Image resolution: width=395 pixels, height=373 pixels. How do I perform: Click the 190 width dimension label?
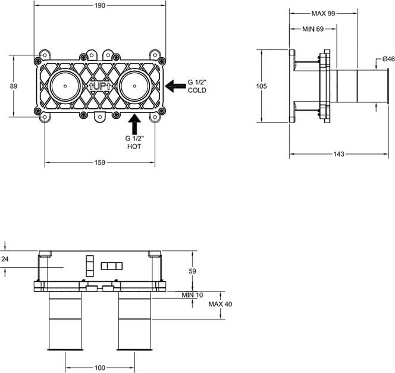click(100, 5)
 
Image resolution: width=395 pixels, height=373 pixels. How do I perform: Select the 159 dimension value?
click(99, 162)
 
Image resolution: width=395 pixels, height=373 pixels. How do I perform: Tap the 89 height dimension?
click(14, 86)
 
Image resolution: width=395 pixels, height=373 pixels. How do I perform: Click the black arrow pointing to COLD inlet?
click(175, 86)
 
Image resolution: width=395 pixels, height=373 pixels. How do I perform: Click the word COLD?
click(197, 90)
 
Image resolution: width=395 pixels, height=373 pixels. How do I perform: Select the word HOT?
click(134, 146)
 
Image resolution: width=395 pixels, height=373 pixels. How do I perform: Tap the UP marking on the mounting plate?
click(99, 87)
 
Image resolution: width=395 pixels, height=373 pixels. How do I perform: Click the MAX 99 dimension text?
click(323, 13)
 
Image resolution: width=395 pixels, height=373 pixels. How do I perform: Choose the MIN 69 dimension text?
click(313, 29)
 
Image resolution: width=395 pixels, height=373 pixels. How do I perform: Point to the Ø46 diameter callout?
click(388, 59)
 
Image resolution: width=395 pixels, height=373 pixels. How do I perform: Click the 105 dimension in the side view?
click(261, 86)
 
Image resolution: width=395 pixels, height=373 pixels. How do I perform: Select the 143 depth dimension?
click(338, 153)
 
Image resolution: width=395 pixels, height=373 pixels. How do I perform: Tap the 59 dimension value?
click(192, 271)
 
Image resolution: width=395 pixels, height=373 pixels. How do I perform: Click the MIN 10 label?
click(192, 295)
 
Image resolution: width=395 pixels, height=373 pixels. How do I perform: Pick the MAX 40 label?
click(220, 304)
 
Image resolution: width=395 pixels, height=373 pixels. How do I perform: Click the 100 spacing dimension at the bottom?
click(99, 368)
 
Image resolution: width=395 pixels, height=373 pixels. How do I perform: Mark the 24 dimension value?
click(5, 259)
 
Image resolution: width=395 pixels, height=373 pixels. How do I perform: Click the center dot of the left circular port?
click(65, 86)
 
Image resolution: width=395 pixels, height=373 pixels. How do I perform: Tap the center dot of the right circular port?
click(134, 86)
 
